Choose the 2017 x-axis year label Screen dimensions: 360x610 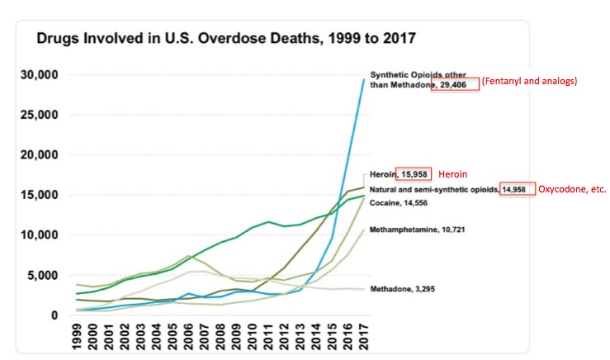point(364,338)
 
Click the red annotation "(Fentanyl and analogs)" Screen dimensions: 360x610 point(531,82)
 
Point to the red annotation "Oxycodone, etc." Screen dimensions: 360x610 point(573,189)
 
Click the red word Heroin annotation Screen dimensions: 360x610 point(452,175)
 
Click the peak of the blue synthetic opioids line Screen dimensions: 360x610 point(364,79)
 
